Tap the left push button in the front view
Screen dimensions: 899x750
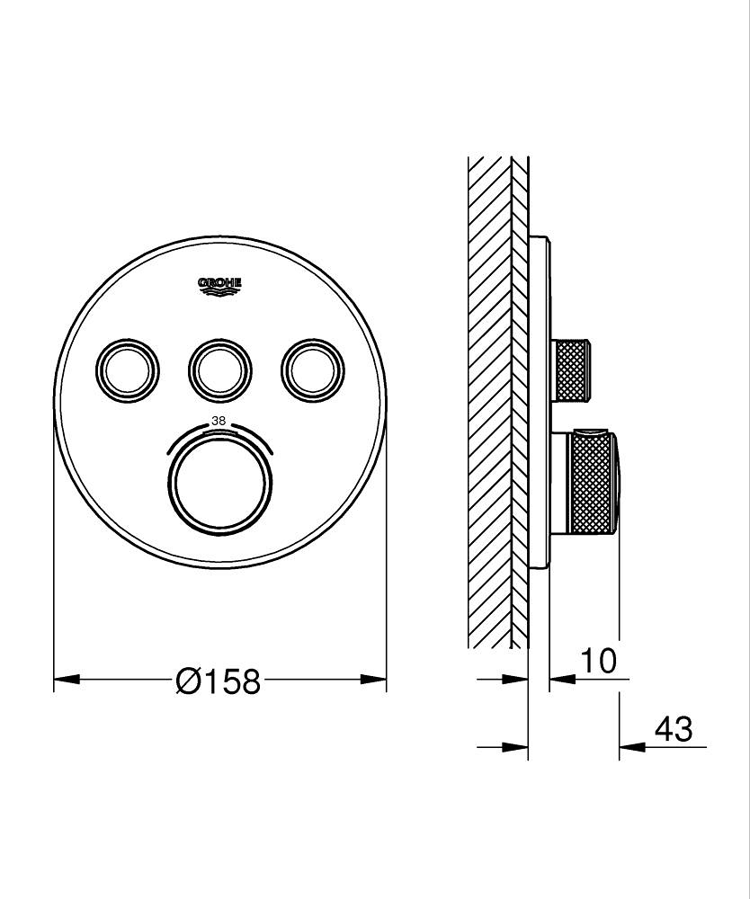click(128, 368)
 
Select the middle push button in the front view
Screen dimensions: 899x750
click(220, 368)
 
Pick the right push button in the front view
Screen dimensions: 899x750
click(312, 368)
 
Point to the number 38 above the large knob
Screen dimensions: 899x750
click(219, 420)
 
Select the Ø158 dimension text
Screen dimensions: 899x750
click(219, 681)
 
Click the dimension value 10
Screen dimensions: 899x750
click(598, 662)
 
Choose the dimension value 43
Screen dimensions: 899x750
click(674, 729)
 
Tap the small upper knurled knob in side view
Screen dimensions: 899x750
click(573, 369)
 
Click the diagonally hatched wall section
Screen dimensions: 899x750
click(489, 405)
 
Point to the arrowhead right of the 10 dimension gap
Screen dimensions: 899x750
click(559, 680)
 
